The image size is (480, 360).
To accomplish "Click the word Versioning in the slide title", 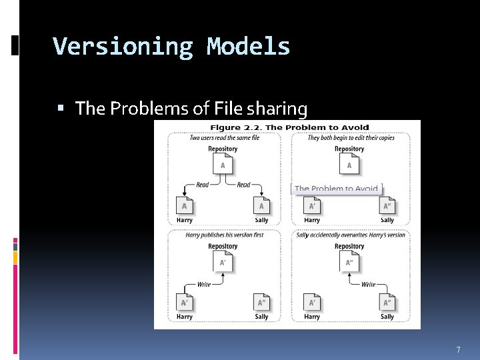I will (123, 47).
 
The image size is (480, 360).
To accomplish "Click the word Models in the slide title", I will (248, 47).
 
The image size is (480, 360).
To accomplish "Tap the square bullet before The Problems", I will (61, 108).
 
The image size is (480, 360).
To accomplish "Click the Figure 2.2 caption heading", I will (289, 127).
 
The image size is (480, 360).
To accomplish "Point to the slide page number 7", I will (458, 349).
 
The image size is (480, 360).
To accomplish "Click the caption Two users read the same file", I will (224, 138).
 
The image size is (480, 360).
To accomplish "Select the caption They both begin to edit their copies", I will (351, 138).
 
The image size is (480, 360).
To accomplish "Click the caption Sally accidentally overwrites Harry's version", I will (351, 235).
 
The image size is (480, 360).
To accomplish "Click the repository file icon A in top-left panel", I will (223, 164).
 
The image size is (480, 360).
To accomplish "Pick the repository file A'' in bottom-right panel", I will (349, 262).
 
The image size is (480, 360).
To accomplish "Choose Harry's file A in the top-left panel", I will (185, 206).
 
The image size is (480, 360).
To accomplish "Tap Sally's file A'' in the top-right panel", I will (387, 206).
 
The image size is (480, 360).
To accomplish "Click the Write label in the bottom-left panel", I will (204, 285).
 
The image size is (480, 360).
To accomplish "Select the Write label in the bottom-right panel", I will (368, 285).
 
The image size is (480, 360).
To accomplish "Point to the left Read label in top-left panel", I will (203, 185).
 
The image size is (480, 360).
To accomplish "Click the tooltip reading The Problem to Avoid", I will (337, 189).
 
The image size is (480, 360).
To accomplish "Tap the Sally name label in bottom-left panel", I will (261, 317).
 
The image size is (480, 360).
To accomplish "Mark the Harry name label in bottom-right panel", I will (311, 317).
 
